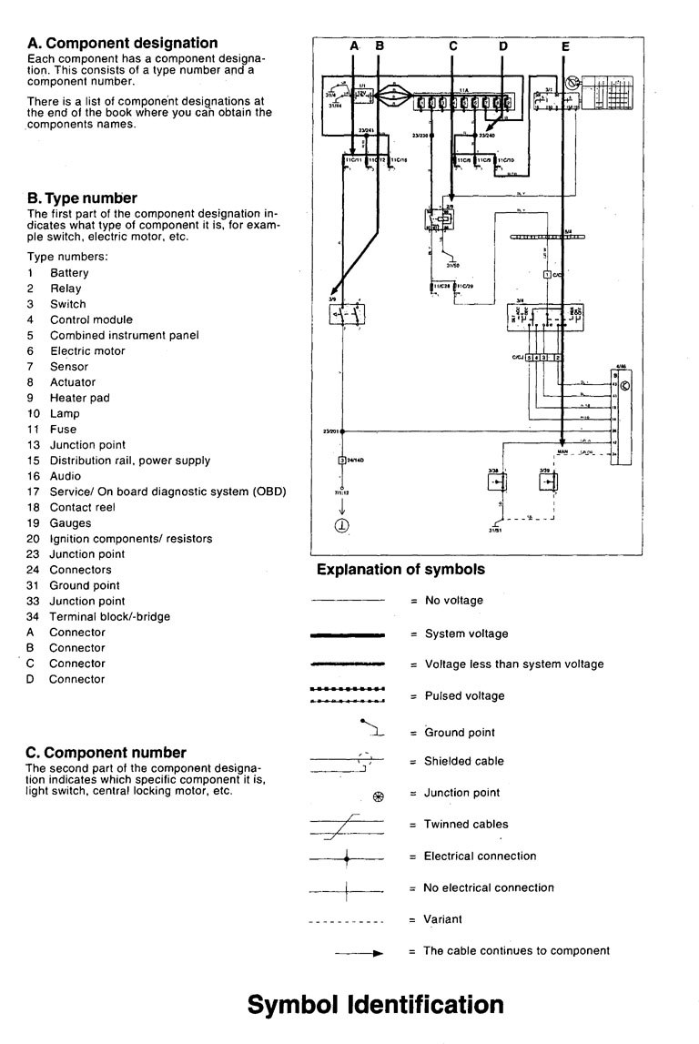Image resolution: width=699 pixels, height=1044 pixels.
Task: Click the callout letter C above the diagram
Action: pos(452,45)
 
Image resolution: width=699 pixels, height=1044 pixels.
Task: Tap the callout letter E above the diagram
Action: pos(565,45)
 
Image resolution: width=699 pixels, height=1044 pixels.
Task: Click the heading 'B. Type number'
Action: pos(82,198)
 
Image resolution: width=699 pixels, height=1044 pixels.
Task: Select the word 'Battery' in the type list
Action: pos(69,273)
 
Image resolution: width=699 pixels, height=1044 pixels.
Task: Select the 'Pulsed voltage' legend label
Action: pos(463,696)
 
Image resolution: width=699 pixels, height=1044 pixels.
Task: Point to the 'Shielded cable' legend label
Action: pos(463,761)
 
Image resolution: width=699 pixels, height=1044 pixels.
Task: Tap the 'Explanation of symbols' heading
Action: pos(400,570)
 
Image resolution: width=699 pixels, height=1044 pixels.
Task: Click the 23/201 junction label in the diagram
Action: pos(330,430)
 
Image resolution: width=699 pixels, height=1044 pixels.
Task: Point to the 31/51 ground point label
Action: pos(496,529)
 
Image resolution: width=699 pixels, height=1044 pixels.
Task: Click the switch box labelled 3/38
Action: pos(497,480)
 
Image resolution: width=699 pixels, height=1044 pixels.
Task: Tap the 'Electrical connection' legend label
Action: pos(480,856)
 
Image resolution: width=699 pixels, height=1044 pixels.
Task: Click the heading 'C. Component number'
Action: pos(106,753)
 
